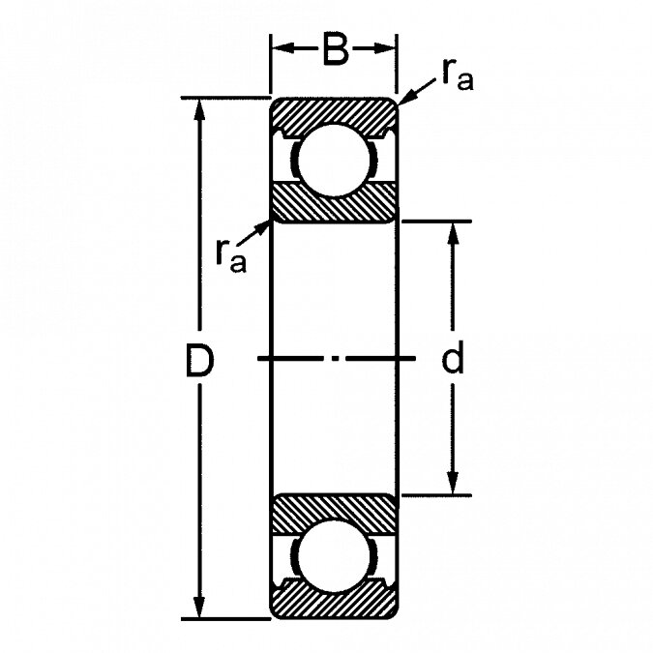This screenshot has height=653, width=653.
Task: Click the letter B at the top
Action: tap(335, 48)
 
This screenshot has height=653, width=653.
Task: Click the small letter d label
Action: tap(453, 357)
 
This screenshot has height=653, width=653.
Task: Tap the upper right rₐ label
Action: tap(458, 74)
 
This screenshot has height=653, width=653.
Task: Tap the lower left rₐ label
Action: tap(231, 256)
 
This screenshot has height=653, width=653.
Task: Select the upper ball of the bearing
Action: tap(335, 160)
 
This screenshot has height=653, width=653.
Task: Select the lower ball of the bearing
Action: tap(335, 556)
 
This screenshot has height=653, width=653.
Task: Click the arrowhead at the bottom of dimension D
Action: tap(199, 607)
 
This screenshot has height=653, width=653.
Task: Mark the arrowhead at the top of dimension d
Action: tap(453, 234)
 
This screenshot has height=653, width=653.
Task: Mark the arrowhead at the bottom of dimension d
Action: tap(453, 483)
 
